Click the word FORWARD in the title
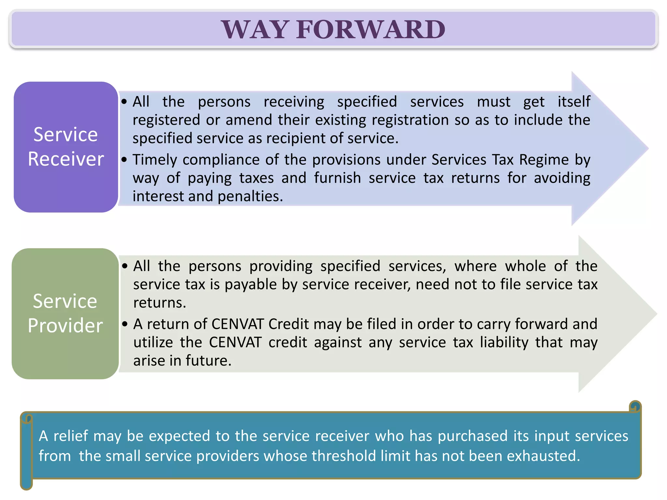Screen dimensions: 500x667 (371, 30)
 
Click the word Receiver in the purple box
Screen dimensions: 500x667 (66, 159)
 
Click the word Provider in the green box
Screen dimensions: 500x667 (65, 326)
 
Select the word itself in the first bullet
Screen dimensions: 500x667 (574, 102)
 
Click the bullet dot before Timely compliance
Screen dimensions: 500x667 (124, 160)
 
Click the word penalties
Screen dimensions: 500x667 (250, 196)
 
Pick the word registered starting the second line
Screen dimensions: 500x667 (166, 120)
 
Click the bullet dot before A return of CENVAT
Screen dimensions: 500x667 (125, 324)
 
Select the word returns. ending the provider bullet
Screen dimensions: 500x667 (160, 303)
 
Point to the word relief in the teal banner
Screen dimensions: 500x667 (71, 436)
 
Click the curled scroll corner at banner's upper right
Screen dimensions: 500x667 (635, 407)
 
